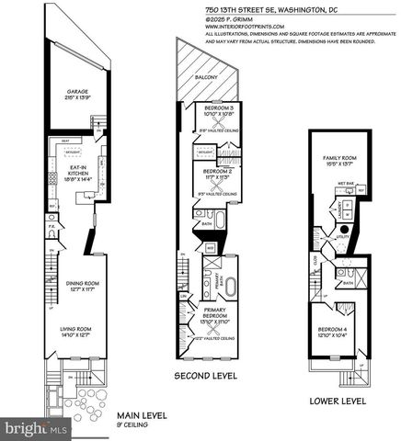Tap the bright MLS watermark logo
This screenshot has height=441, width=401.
click(x=35, y=428)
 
